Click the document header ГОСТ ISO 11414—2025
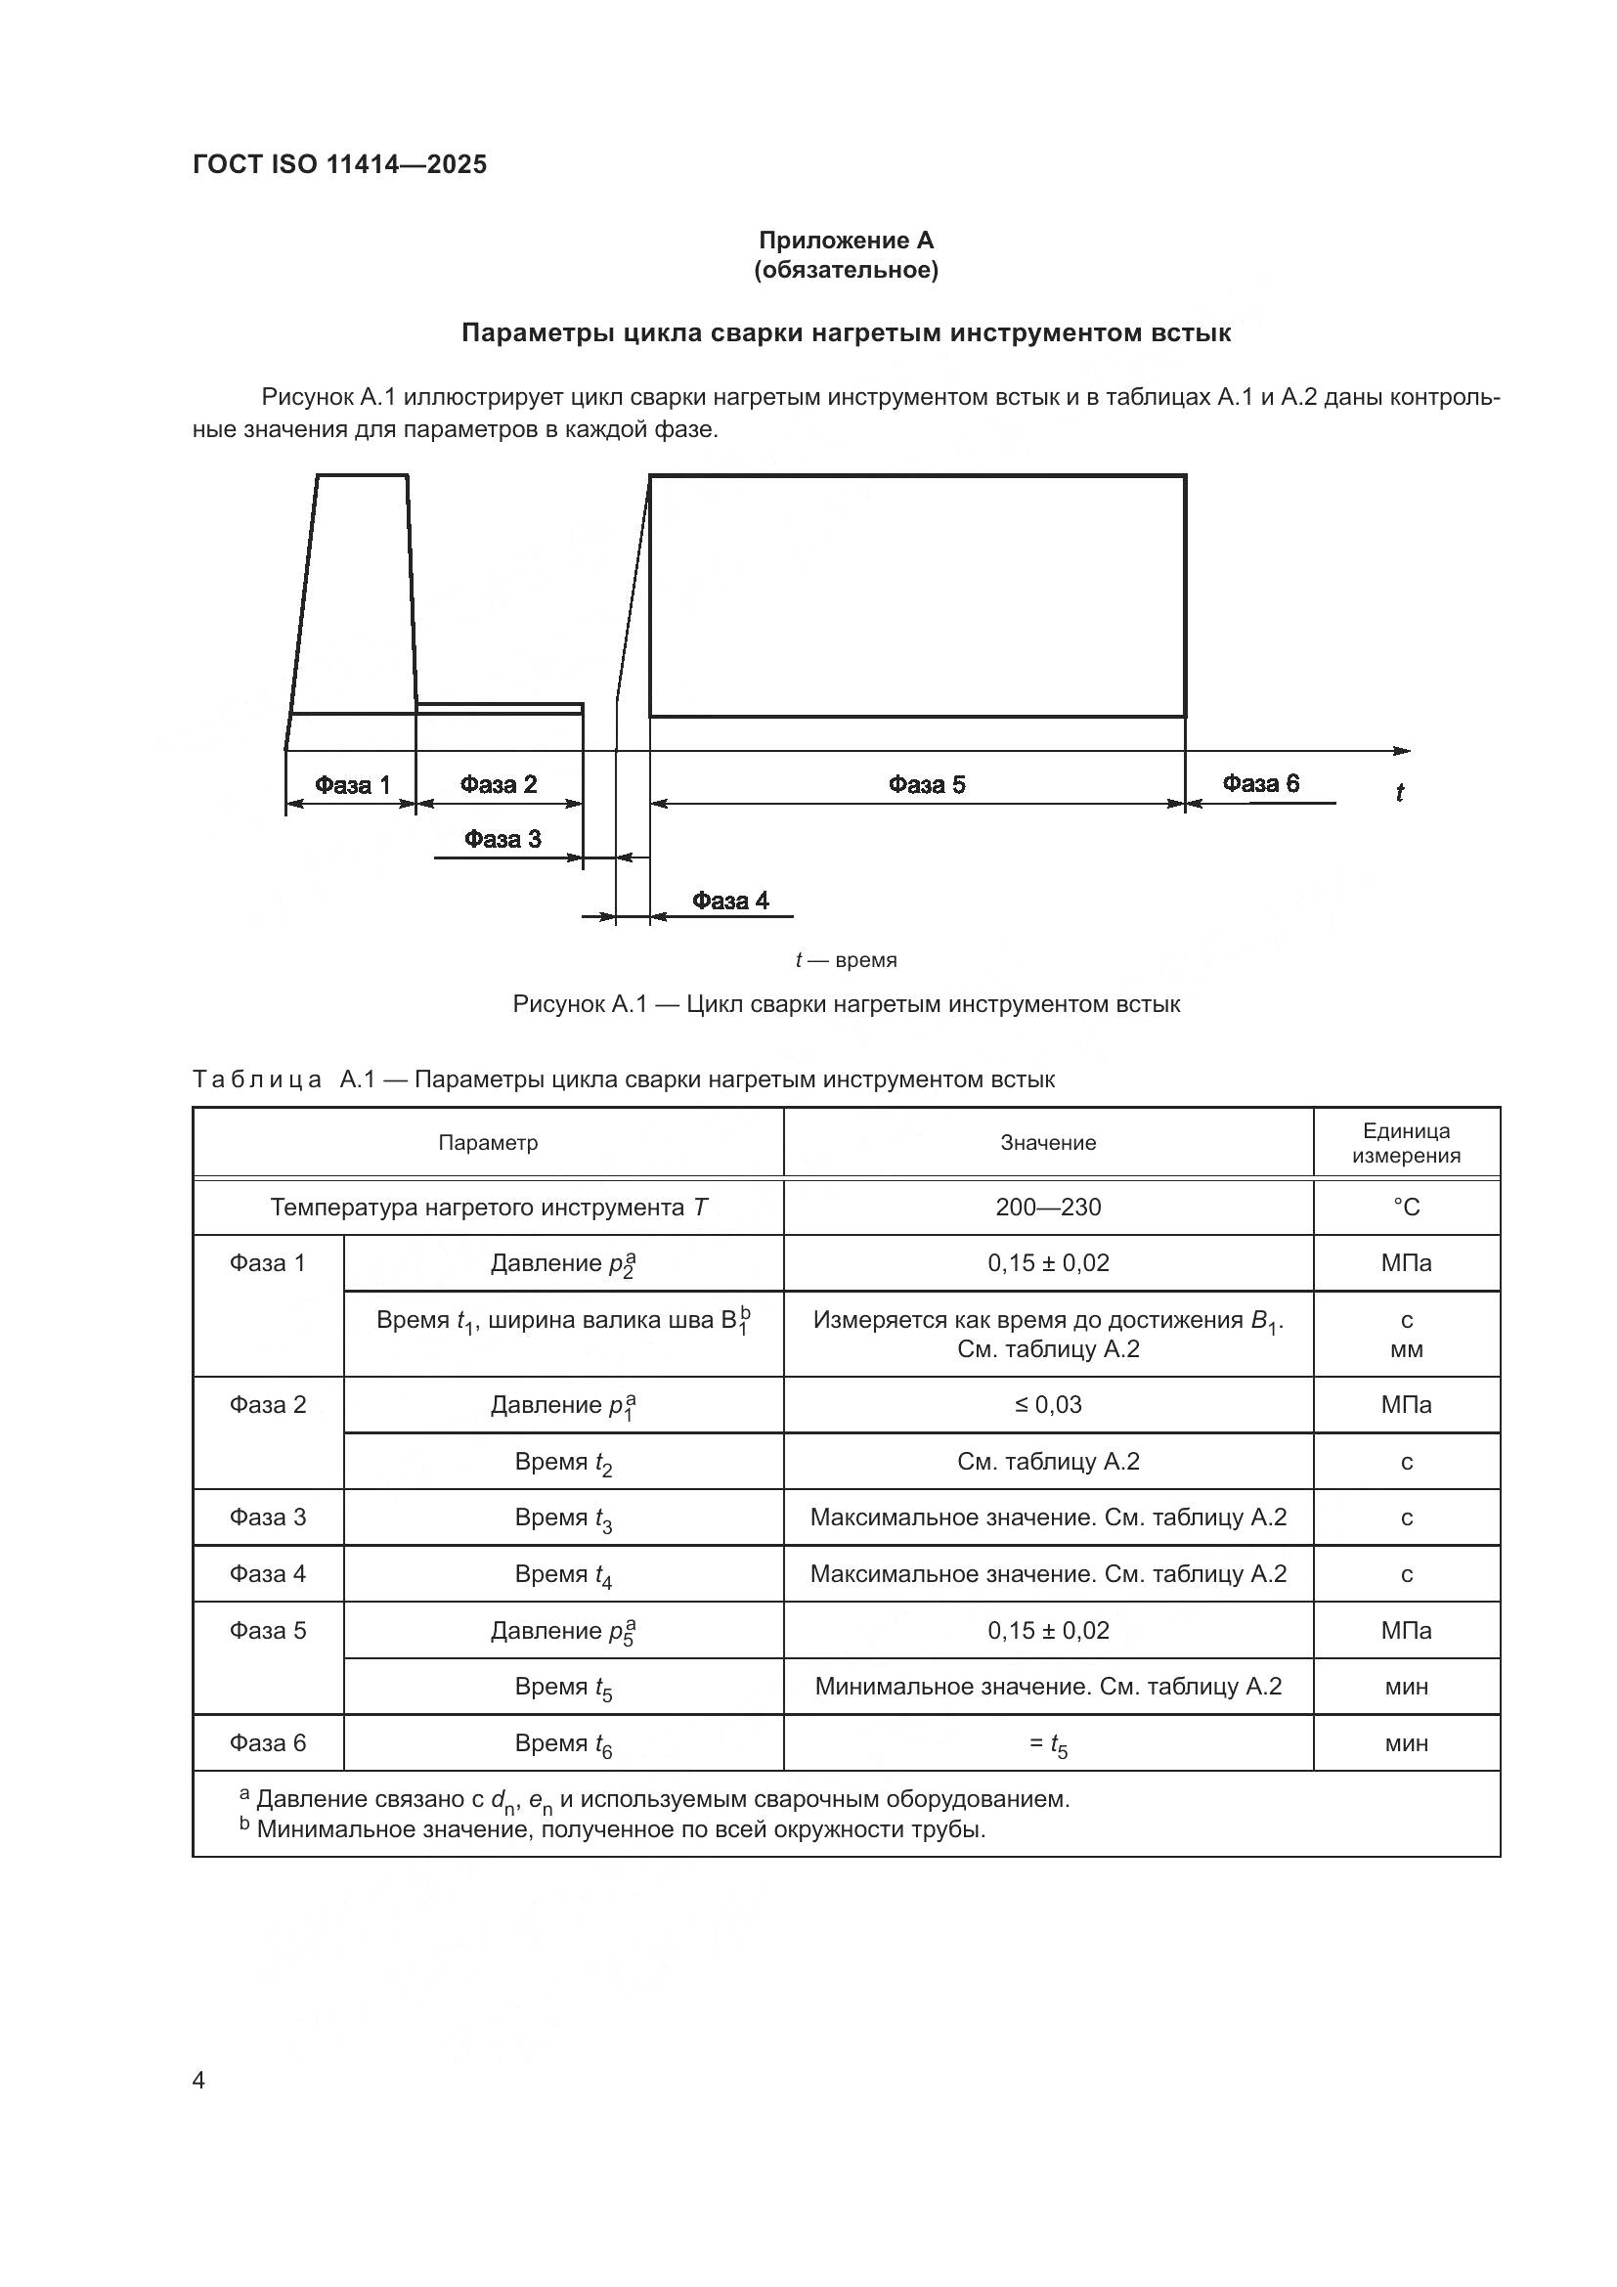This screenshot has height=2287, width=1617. (339, 165)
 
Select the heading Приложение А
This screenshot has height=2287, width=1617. (846, 241)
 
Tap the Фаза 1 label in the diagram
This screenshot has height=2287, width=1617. (353, 785)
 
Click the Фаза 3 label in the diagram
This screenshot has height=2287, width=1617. (502, 839)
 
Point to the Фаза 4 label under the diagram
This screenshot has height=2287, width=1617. (730, 901)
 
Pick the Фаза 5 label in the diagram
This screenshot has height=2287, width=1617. (926, 785)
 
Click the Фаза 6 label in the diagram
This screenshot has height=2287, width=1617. (1260, 783)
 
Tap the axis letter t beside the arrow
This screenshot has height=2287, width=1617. (1399, 793)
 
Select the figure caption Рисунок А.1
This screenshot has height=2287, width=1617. (846, 1004)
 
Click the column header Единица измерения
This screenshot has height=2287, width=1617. (1406, 1142)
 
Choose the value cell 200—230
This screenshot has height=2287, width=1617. (1047, 1208)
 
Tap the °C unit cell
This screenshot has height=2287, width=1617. (1406, 1208)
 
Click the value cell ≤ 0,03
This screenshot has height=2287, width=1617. (1047, 1404)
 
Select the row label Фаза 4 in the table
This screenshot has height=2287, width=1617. (268, 1574)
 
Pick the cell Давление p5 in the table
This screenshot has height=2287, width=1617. (562, 1631)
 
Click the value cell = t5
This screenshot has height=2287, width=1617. (1047, 1743)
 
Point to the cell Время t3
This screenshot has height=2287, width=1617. (562, 1518)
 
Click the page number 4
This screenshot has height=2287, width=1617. (199, 2080)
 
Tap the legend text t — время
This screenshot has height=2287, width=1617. (846, 960)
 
